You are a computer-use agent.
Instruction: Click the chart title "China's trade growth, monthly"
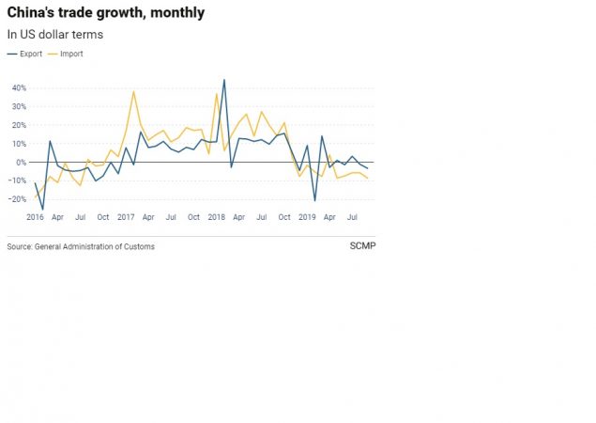pos(105,13)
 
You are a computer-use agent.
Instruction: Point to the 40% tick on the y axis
pos(19,88)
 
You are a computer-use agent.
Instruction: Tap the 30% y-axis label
pos(19,107)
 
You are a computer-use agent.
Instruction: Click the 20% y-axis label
pos(19,125)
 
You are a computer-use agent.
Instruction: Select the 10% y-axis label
pos(19,144)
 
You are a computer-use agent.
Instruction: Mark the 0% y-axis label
pos(22,163)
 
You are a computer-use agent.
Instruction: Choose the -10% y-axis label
pos(18,180)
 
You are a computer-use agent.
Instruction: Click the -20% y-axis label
pos(18,199)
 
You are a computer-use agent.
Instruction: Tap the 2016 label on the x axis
pos(35,217)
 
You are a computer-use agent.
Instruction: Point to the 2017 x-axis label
pos(125,217)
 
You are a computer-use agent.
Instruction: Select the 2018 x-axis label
pos(216,217)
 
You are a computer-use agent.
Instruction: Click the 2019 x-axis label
pos(307,217)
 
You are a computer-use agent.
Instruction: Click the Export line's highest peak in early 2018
pos(223,80)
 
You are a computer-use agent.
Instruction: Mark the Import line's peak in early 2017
pos(133,91)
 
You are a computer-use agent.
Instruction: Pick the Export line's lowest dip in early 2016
pos(42,209)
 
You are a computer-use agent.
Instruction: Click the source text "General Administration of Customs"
pos(94,246)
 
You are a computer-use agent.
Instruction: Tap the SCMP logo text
pos(361,246)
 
